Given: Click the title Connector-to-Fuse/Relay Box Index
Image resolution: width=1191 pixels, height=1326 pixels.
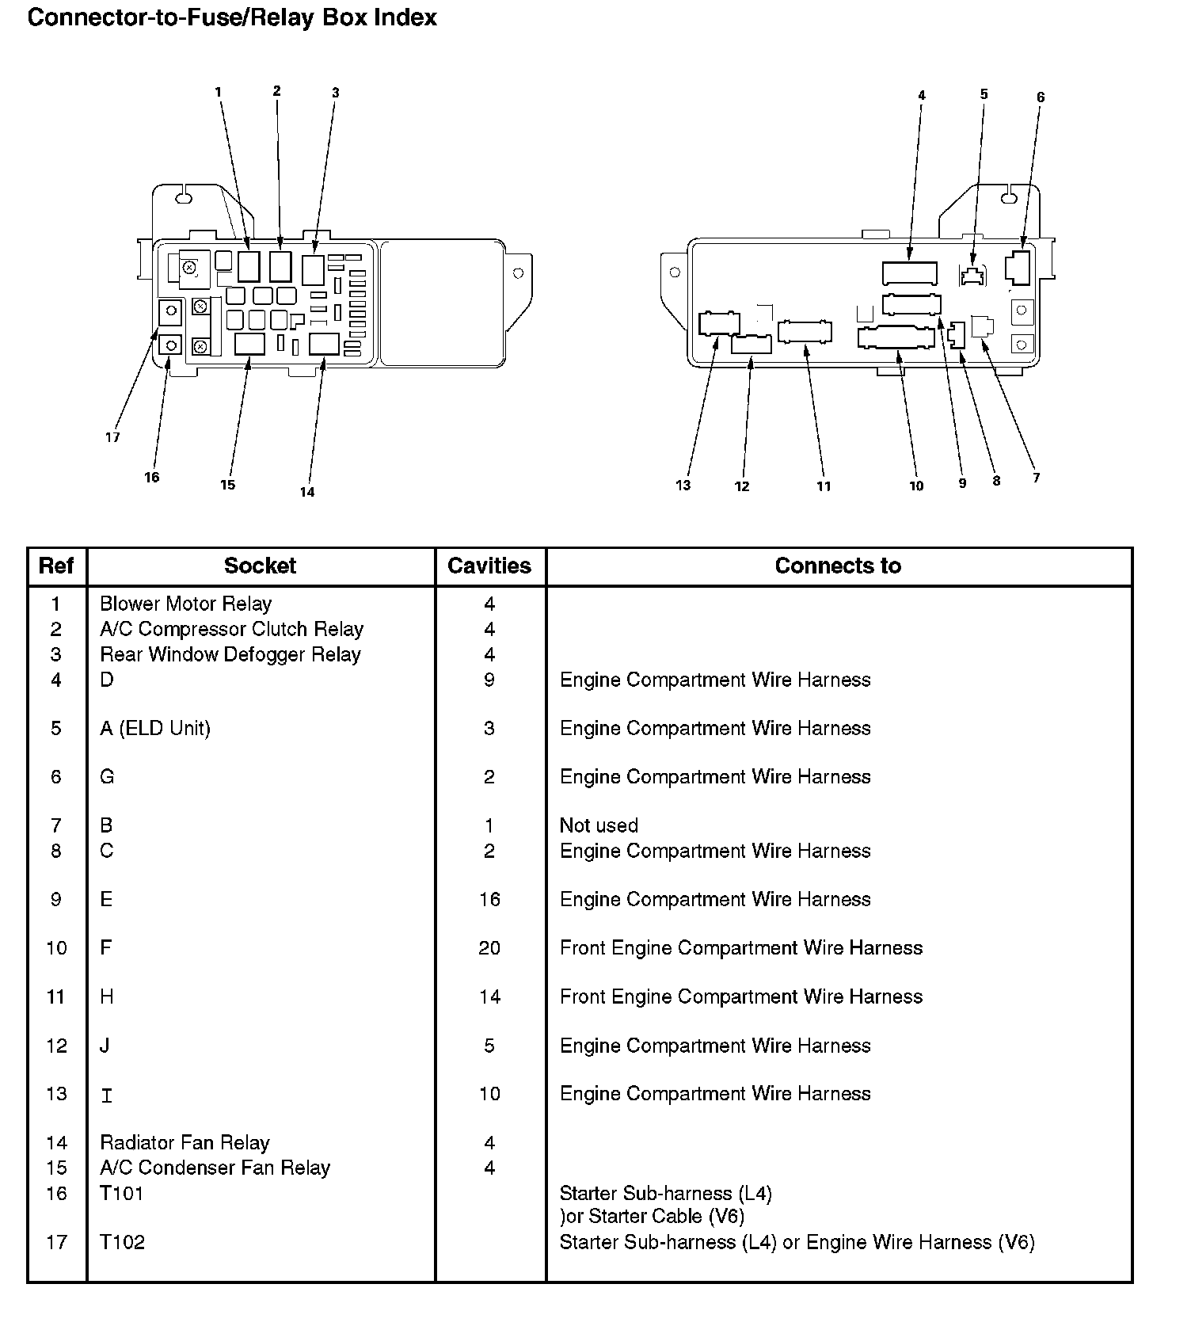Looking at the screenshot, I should [232, 17].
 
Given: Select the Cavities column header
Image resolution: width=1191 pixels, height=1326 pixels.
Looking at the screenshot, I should [489, 566].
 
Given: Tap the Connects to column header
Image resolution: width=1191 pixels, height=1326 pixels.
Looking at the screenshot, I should [838, 566].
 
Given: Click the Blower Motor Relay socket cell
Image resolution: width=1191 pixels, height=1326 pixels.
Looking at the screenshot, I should [185, 604].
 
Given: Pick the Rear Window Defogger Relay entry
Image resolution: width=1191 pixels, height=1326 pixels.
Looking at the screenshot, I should [230, 654].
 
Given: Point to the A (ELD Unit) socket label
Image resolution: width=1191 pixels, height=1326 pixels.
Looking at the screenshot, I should [155, 728].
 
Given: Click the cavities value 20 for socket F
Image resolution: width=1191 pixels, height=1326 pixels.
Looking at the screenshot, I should [489, 947].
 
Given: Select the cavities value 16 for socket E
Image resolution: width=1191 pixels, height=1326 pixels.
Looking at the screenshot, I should [489, 899].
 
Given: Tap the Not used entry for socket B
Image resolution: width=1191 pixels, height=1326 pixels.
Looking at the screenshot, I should [599, 825].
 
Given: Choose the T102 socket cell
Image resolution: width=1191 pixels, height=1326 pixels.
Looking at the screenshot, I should [122, 1242].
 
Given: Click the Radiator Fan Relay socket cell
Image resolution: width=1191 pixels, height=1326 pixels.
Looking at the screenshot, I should [185, 1143].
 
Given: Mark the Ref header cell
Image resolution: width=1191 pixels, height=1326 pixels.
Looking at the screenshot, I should [56, 566].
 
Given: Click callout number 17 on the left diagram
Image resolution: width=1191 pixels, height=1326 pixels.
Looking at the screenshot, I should [112, 437].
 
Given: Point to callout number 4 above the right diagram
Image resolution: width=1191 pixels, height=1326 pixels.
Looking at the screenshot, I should [922, 96].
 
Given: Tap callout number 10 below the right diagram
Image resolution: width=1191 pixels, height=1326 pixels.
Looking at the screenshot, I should [916, 486].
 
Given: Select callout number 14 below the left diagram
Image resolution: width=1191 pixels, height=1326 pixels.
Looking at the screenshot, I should [307, 492].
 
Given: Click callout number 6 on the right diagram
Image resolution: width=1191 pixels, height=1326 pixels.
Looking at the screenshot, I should [1041, 97].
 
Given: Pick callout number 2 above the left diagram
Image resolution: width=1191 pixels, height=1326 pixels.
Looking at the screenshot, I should [276, 91].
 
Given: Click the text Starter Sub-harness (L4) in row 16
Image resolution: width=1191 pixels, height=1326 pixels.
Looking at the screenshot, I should [665, 1193].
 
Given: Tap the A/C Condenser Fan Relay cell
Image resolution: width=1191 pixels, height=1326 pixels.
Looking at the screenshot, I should [215, 1168].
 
